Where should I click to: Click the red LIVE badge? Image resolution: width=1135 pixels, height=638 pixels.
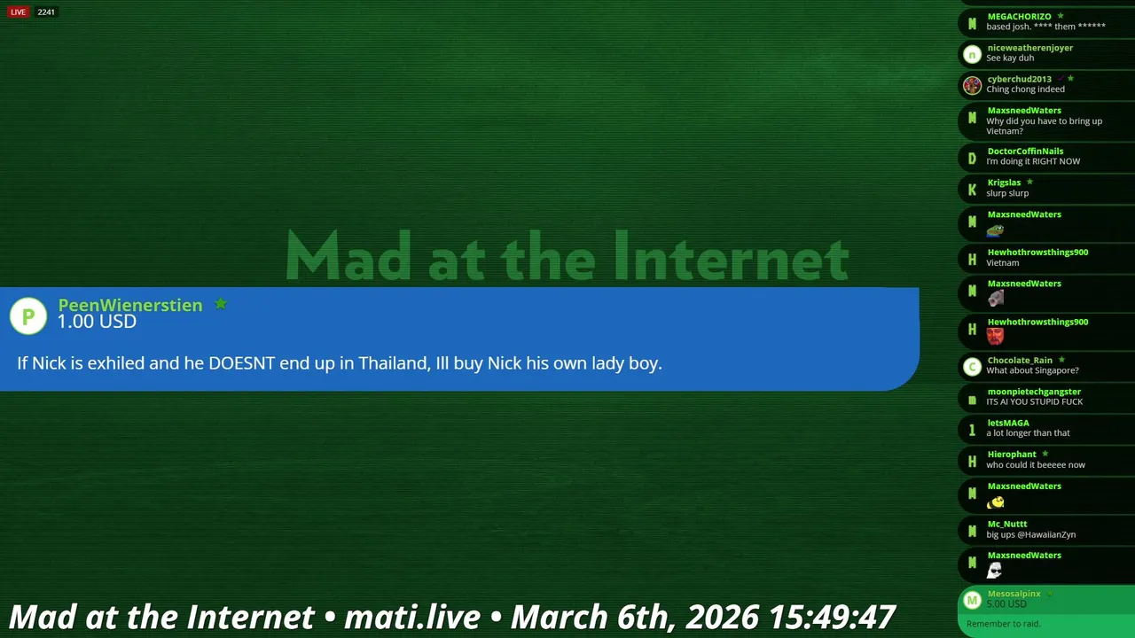(18, 12)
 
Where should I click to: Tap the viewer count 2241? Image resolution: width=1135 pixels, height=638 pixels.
(46, 12)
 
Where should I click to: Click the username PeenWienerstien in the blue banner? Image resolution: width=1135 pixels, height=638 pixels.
(130, 305)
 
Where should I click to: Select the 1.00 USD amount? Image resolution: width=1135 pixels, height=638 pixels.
(97, 322)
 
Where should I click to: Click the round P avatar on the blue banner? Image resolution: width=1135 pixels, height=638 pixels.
(28, 316)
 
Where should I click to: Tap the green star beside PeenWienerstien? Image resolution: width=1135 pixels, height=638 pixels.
(221, 304)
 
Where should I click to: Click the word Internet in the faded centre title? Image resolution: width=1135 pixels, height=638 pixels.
(732, 256)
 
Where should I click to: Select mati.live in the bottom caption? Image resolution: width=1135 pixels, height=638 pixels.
(412, 617)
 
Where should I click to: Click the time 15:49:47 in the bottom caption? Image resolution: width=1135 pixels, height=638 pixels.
(831, 617)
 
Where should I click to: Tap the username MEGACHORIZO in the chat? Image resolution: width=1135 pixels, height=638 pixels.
(1019, 16)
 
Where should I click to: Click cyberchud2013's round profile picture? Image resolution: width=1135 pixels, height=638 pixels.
(972, 85)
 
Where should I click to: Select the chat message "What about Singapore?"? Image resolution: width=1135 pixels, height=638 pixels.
(1032, 370)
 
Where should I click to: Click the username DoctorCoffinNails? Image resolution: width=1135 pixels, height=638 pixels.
(1025, 151)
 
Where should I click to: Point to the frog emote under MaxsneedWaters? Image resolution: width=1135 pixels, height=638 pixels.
(995, 230)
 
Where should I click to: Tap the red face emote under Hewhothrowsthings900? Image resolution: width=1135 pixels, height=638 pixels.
(995, 336)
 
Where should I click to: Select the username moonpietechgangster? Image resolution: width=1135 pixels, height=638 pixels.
(1034, 392)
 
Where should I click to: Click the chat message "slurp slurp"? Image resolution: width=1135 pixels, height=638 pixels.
(1007, 193)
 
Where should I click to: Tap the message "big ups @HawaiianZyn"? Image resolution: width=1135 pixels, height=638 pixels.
(1030, 534)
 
